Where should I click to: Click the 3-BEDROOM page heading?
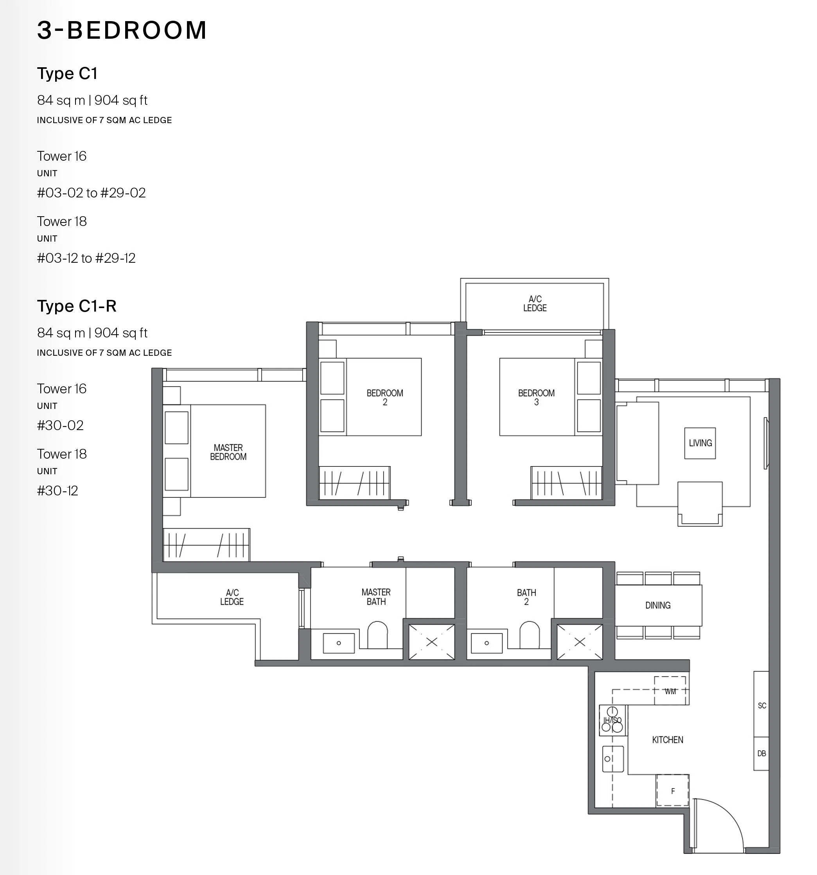coord(122,30)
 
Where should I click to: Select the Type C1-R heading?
coord(77,306)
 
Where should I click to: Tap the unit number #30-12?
coord(57,490)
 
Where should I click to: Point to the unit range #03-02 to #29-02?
coord(91,193)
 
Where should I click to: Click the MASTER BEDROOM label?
coord(228,452)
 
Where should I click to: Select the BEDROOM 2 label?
coord(385,398)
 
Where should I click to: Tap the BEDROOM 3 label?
coord(536,398)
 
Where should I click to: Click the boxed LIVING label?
coord(700,443)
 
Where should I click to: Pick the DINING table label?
coord(658,605)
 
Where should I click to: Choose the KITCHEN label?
coord(667,740)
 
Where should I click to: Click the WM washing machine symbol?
coord(670,690)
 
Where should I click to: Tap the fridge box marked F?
coord(673,791)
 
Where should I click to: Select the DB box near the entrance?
coord(761,753)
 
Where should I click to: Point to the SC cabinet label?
coord(762,706)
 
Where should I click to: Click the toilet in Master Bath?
coord(377,635)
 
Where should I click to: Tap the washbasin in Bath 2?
coord(487,643)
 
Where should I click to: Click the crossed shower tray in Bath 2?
coord(580,642)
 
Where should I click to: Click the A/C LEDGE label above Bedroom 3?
coord(535,304)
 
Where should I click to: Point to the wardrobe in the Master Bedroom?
coord(206,545)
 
